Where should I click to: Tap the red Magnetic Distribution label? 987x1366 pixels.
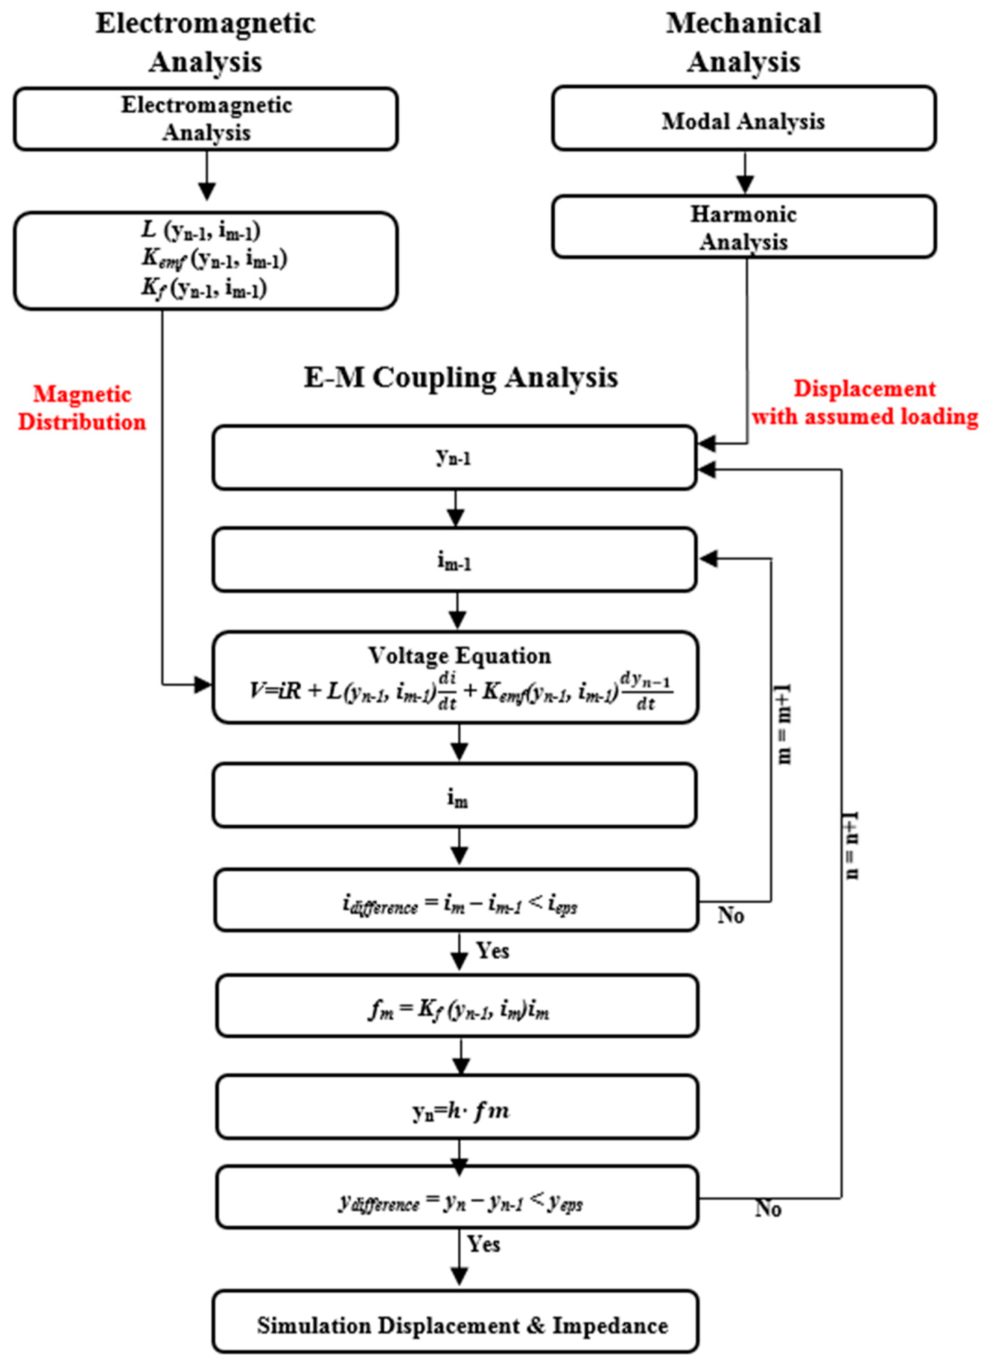point(82,408)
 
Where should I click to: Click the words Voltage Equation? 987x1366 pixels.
point(459,655)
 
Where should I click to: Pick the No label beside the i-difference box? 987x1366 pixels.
point(730,915)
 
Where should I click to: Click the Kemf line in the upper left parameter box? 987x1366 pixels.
point(214,259)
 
